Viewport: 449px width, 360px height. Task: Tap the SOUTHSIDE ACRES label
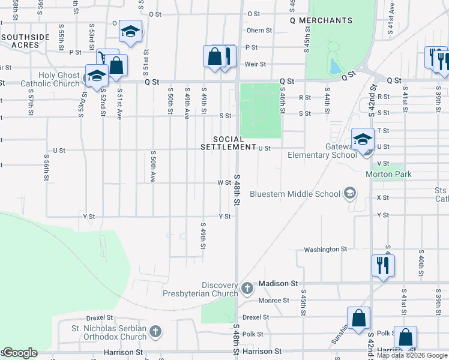(x=25, y=41)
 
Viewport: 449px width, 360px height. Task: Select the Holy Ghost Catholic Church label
(x=50, y=80)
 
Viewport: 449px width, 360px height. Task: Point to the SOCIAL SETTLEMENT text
(x=228, y=143)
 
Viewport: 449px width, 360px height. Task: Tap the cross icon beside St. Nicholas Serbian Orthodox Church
(x=155, y=331)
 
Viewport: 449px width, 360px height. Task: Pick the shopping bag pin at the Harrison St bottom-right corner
(x=406, y=338)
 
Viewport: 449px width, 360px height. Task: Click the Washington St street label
(x=325, y=249)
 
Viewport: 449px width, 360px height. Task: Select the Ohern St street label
(x=259, y=31)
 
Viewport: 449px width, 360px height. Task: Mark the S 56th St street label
(x=47, y=166)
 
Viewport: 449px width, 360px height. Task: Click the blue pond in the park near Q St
(x=334, y=66)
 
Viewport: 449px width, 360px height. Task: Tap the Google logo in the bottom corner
(x=20, y=353)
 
